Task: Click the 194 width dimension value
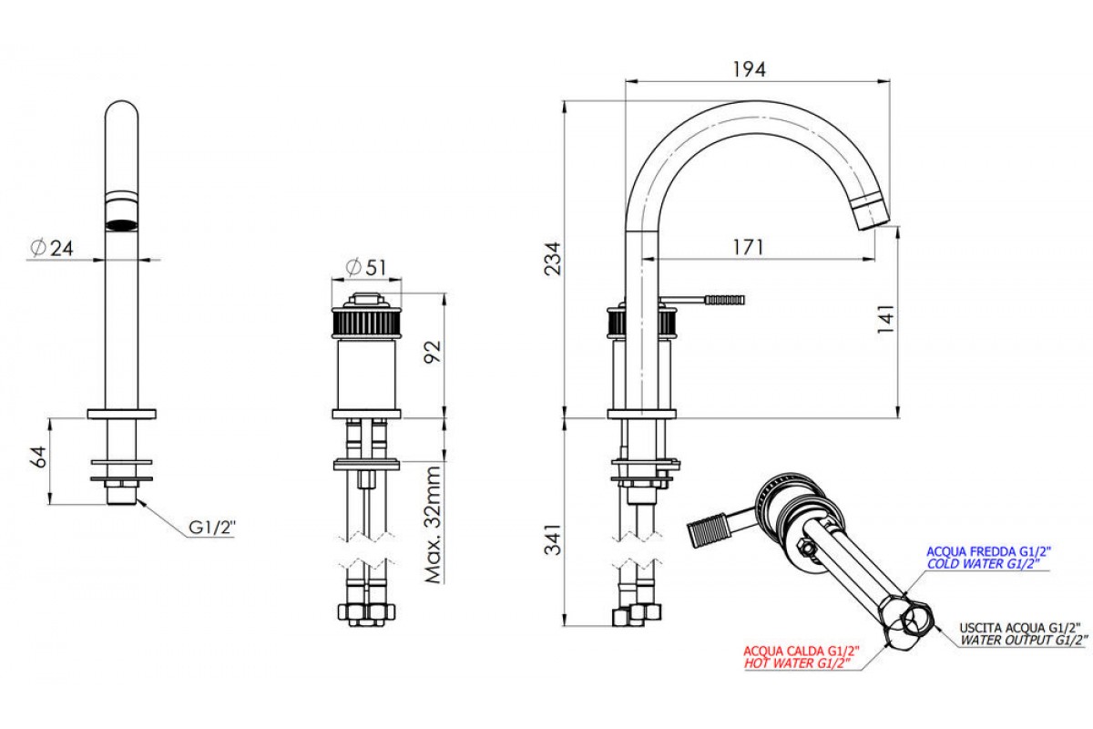coord(749,69)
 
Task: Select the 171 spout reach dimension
coord(748,247)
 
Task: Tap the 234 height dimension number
coord(553,258)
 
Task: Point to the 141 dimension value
coord(885,319)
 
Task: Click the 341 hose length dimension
coord(553,539)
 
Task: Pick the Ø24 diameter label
coord(51,248)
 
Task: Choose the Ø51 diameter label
coord(366,267)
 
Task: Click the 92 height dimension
coord(433,352)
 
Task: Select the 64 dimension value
coord(39,457)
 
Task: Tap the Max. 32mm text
coord(433,525)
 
